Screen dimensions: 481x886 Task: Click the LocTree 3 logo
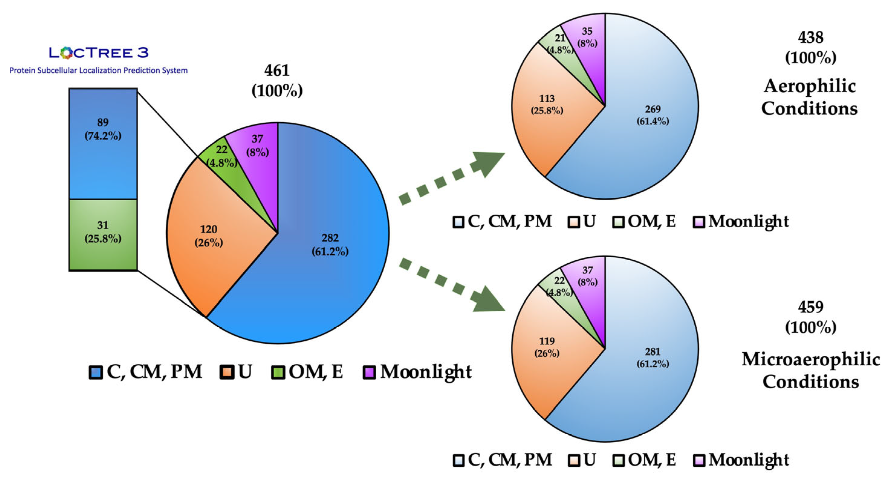(99, 53)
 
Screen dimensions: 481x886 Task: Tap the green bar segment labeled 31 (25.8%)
(103, 235)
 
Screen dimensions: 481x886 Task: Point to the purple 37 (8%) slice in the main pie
(257, 145)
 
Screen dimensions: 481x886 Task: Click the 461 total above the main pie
(277, 71)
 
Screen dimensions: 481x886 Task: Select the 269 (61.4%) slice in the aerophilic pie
(652, 115)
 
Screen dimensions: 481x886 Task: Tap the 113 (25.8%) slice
(547, 104)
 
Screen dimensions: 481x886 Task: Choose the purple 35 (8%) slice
(587, 37)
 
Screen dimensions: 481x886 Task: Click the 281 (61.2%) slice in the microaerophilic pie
(652, 357)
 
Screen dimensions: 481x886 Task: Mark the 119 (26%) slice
(547, 347)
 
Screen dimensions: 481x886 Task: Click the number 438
(810, 37)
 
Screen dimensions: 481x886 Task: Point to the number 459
(810, 307)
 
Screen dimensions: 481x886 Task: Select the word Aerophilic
(810, 86)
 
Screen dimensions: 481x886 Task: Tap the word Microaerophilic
(810, 359)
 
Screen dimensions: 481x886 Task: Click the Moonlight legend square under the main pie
(369, 372)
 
